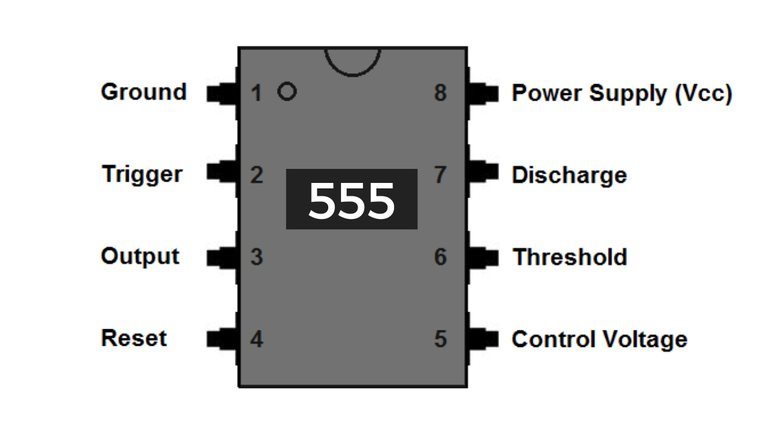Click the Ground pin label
tap(143, 92)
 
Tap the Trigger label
tap(142, 174)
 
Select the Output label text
tap(140, 257)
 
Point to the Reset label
tap(134, 338)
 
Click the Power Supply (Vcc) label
tap(621, 94)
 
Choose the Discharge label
tap(569, 176)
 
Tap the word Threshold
tap(569, 257)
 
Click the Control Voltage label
tap(599, 339)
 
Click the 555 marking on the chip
tap(351, 200)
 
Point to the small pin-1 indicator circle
tap(287, 92)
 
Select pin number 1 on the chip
tap(256, 93)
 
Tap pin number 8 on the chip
tap(441, 93)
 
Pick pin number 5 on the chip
tap(441, 339)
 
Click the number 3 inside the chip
tap(256, 257)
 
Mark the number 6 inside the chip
tap(441, 257)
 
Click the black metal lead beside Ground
tap(222, 93)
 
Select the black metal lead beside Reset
tap(222, 338)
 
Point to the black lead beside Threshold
tap(483, 257)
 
